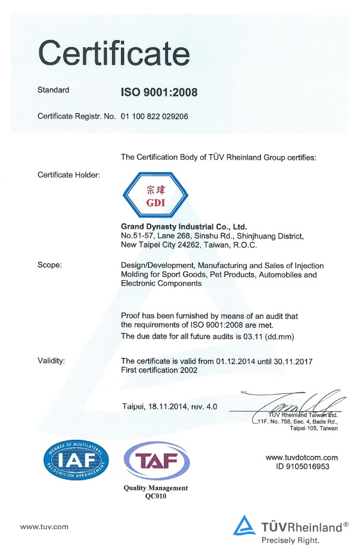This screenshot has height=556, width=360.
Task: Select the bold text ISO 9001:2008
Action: click(x=159, y=92)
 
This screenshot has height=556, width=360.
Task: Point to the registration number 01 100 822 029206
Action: click(x=154, y=116)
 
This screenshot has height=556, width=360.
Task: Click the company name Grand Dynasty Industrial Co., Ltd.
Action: click(x=184, y=227)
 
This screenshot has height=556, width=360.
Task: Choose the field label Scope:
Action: click(x=49, y=265)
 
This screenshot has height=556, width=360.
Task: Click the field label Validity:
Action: click(x=51, y=361)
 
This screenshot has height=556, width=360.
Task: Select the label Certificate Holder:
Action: click(x=69, y=175)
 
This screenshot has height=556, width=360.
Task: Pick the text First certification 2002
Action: click(x=160, y=371)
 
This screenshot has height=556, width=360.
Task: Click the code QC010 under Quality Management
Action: click(x=156, y=496)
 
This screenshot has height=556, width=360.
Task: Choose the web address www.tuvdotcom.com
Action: click(x=302, y=458)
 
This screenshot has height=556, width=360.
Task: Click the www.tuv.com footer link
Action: click(x=44, y=527)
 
